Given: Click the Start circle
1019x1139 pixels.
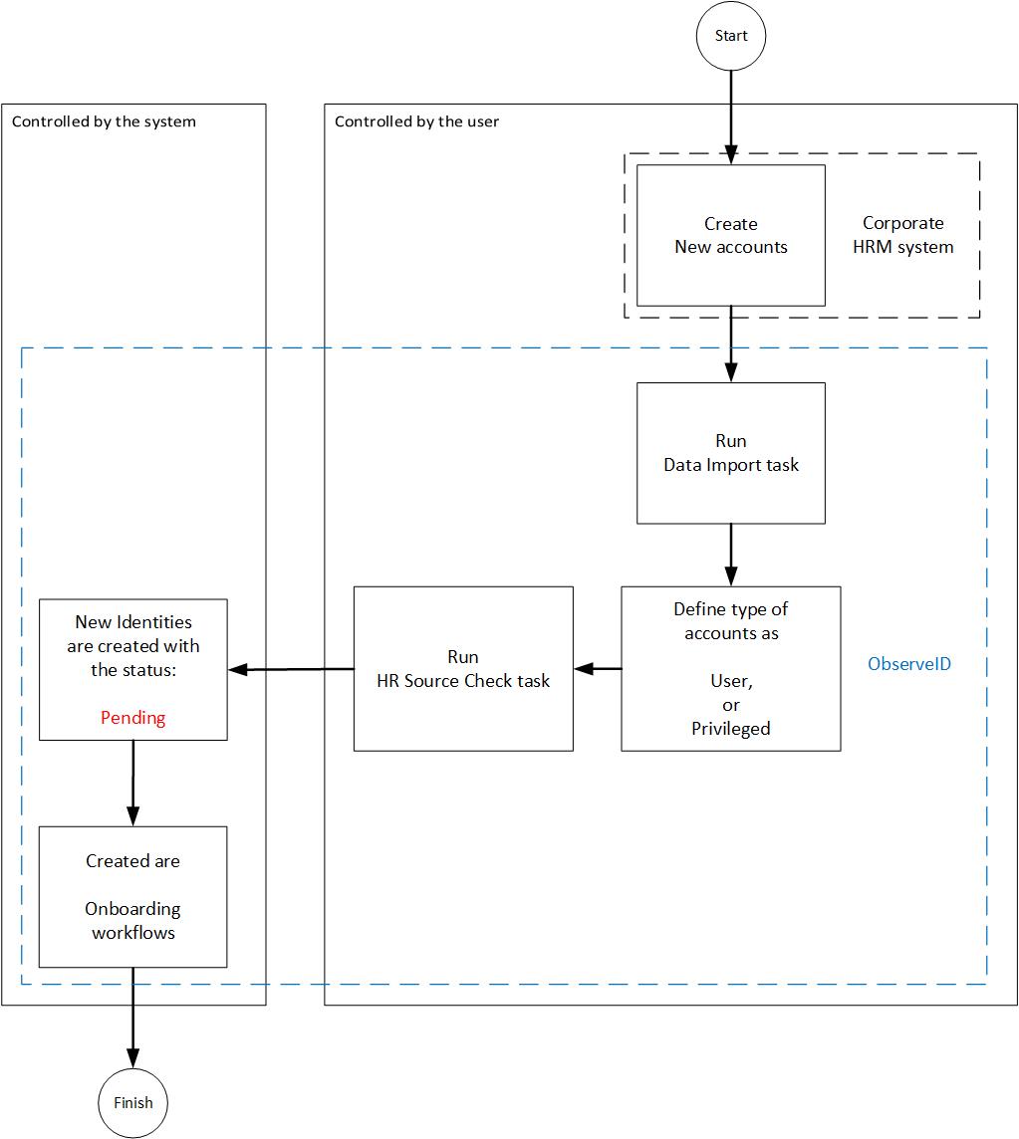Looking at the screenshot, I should pos(730,36).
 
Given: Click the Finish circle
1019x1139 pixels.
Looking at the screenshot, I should pos(132,1102).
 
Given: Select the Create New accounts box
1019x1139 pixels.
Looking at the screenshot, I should pos(730,235).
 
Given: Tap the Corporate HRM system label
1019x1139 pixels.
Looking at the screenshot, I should pos(902,236).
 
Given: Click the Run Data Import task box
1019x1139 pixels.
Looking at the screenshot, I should pos(730,453).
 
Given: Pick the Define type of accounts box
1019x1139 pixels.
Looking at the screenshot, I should pos(730,668).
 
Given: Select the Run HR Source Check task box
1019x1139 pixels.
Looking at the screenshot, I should pos(463,668).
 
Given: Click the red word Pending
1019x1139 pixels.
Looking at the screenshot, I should pos(132,718).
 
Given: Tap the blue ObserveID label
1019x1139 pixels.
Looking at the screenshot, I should pos(908,663).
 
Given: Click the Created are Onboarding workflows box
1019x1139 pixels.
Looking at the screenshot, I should pos(132,896).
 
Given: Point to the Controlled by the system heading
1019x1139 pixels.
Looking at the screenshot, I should pos(104,121).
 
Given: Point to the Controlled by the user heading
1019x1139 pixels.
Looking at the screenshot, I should pos(416,121).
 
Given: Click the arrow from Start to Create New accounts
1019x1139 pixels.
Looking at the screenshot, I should pos(730,114).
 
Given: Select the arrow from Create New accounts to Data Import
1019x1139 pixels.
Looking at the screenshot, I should pos(730,343).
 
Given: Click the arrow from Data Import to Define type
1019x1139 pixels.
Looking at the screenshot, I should pos(730,555).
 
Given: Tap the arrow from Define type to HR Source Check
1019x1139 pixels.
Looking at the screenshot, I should pos(598,668).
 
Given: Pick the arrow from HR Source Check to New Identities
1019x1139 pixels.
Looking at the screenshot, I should pos(291,669).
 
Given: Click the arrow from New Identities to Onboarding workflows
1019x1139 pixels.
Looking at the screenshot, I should pos(132,783).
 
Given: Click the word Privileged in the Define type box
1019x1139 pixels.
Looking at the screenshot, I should pos(730,729).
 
